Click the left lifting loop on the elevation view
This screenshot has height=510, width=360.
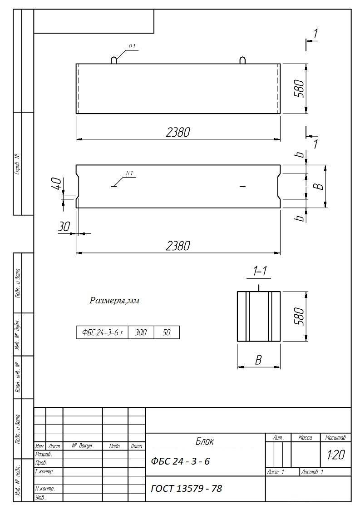tap(114, 60)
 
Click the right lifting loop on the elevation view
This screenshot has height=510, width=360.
tap(242, 60)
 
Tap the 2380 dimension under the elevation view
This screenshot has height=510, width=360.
tap(178, 132)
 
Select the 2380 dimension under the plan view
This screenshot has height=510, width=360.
tap(178, 246)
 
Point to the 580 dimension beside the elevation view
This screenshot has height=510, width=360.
tap(299, 89)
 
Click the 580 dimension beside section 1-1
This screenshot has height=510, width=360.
tap(299, 316)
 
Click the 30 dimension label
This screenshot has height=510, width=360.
tap(64, 226)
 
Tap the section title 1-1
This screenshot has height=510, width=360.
tap(260, 271)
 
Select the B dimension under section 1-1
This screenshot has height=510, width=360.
tap(258, 360)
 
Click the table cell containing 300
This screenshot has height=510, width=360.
tap(141, 332)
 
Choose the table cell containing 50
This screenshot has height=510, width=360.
tap(167, 332)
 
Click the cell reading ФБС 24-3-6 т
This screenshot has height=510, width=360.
tap(103, 332)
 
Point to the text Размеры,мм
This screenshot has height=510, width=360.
tap(114, 301)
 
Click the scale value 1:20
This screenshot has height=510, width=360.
tap(336, 455)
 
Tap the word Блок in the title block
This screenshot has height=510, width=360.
tap(205, 441)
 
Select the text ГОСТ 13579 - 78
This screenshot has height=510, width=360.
tap(187, 488)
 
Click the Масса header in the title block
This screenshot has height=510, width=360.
tap(306, 438)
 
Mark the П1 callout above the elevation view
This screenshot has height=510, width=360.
tap(132, 47)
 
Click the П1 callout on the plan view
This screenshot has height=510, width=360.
tap(129, 173)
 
